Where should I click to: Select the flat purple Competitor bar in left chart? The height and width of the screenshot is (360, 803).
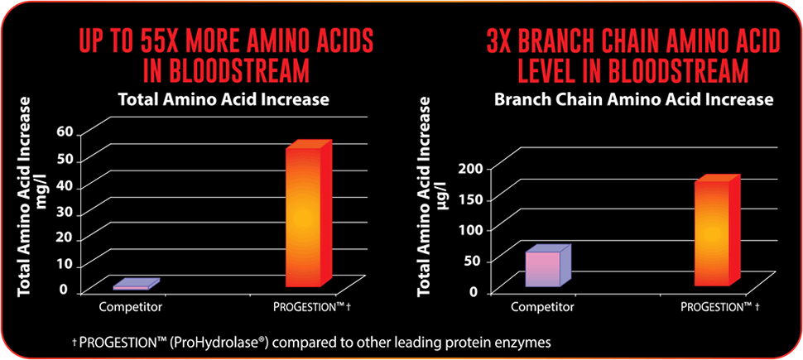tap(137, 285)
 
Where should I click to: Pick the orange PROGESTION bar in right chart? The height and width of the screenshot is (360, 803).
tap(717, 231)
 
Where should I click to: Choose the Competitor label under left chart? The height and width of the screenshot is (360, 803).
tap(131, 307)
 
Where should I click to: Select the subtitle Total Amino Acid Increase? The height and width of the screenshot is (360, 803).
tap(224, 99)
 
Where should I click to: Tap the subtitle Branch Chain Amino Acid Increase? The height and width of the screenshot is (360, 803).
tap(633, 99)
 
